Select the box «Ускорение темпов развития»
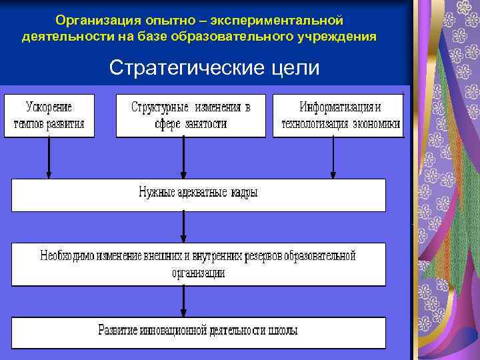point(49,116)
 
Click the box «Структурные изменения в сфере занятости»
point(191,116)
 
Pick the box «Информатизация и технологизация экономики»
point(339,116)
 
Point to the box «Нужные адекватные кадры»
point(198,194)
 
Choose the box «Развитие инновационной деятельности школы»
point(198,331)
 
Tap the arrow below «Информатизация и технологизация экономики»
point(333,158)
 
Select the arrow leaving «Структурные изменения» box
point(183,158)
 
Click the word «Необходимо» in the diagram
point(67,255)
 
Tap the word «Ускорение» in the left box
point(49,107)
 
